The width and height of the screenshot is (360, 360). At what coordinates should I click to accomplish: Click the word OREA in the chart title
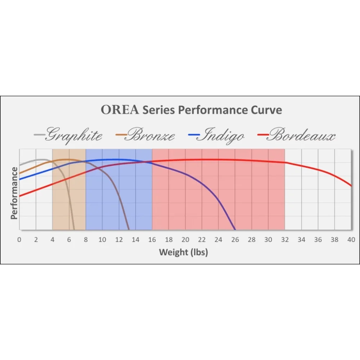click(120, 110)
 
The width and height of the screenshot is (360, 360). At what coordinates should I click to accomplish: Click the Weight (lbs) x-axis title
click(184, 252)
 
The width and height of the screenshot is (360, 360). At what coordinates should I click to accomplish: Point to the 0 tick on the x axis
click(19, 240)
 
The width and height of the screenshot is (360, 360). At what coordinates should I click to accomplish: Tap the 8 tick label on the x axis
click(86, 240)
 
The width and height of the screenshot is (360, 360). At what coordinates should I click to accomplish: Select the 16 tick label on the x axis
click(152, 240)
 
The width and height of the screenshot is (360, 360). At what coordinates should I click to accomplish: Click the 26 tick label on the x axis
click(235, 240)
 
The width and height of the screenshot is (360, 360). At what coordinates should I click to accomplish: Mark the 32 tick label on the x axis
click(285, 240)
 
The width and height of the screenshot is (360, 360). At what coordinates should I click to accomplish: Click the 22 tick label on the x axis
click(202, 240)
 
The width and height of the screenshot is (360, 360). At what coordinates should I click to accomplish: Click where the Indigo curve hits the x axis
click(235, 229)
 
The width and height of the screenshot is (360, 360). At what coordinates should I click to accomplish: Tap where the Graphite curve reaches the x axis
click(74, 229)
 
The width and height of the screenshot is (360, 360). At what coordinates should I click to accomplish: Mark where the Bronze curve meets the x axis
click(129, 229)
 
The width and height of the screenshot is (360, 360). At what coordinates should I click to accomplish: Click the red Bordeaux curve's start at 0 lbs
click(19, 196)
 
